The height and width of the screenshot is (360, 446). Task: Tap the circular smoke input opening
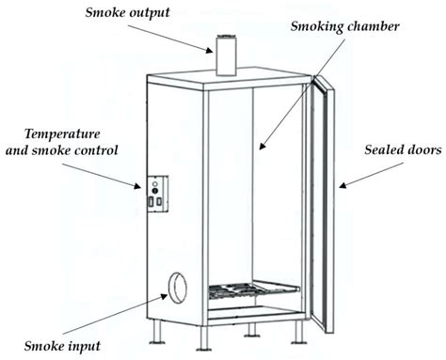click(176, 285)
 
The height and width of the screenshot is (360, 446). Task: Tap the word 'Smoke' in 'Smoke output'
click(106, 12)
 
